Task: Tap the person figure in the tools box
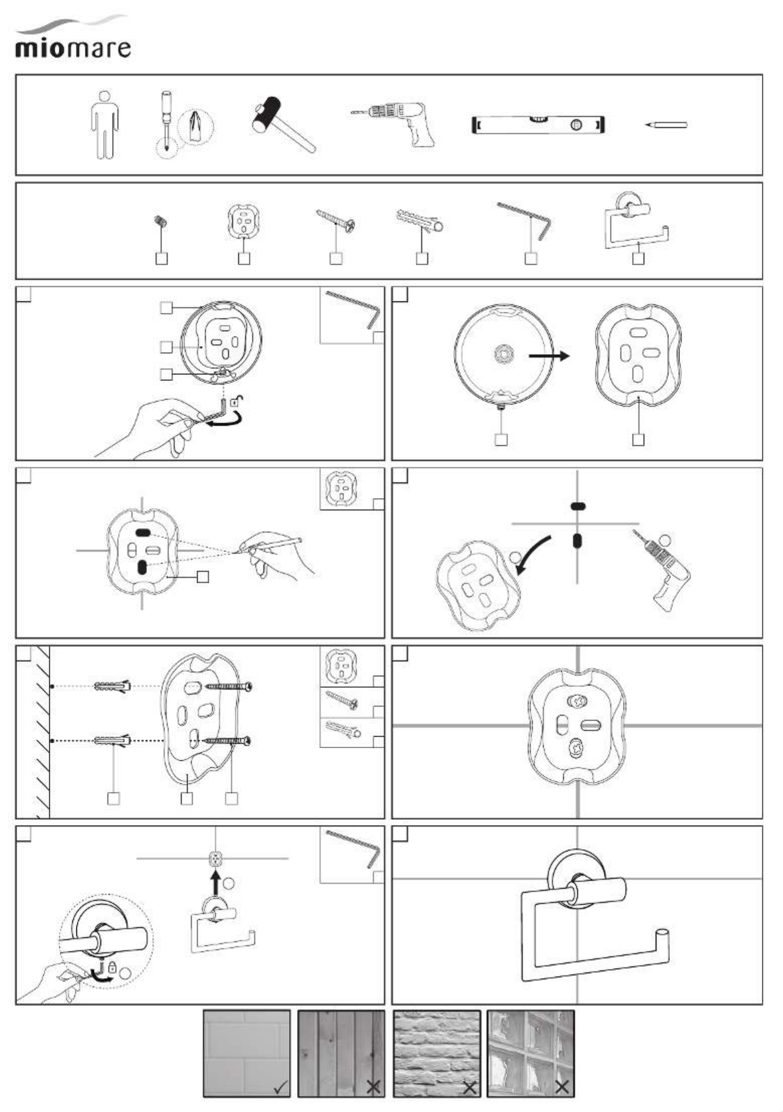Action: [105, 125]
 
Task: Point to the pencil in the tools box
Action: [666, 125]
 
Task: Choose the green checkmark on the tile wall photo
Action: [280, 1088]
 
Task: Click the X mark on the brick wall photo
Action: [469, 1088]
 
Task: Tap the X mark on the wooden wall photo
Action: [373, 1088]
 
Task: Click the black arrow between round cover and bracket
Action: [549, 356]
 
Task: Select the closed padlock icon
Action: [113, 966]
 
